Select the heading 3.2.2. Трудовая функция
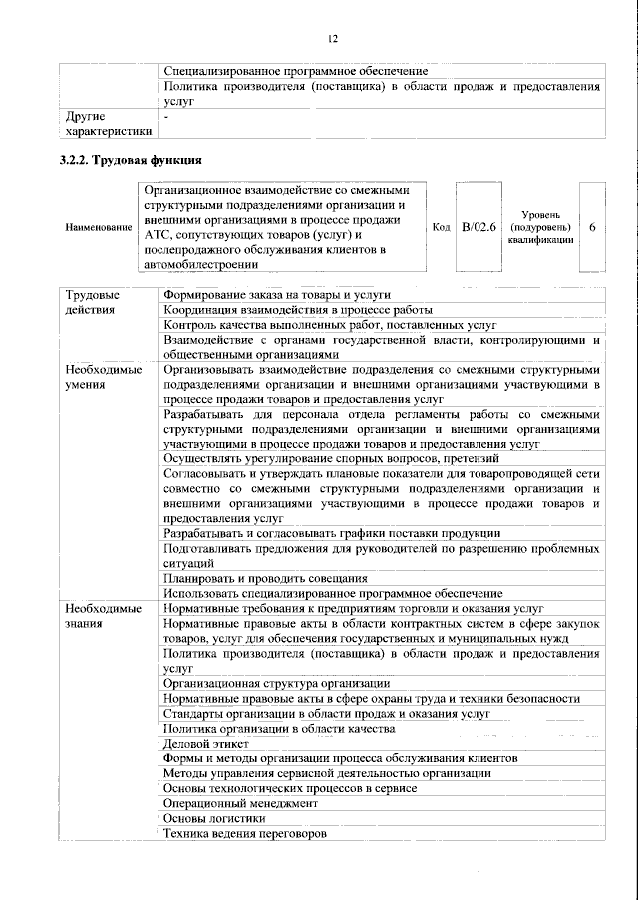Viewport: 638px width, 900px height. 131,160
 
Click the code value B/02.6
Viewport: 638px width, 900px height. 478,228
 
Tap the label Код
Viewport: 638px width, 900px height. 441,228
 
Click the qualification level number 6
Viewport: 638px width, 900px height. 592,228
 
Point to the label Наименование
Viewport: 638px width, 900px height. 98,228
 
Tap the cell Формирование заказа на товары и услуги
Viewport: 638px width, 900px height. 276,295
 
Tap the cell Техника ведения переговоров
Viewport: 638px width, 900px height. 244,833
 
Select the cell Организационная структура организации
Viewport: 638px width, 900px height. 276,683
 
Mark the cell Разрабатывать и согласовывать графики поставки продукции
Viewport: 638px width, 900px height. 332,533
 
